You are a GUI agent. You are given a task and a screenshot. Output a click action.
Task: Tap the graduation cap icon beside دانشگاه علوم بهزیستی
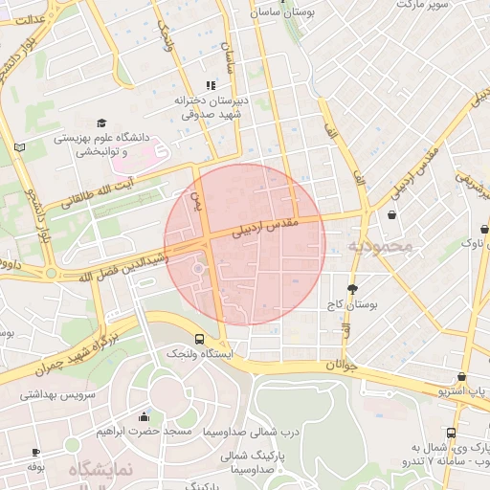click(101, 122)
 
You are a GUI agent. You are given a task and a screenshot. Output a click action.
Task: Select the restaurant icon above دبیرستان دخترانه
click(211, 86)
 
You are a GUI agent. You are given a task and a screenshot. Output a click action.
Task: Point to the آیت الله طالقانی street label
click(98, 191)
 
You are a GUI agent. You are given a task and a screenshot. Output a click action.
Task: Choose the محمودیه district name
click(379, 246)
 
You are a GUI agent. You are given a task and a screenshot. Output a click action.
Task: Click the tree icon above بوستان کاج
click(352, 288)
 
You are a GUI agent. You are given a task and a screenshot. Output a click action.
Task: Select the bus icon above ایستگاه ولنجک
click(199, 339)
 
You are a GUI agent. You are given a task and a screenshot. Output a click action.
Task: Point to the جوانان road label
click(341, 365)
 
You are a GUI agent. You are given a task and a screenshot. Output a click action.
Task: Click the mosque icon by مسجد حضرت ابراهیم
click(144, 416)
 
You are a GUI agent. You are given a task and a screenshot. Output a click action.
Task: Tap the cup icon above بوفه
click(36, 452)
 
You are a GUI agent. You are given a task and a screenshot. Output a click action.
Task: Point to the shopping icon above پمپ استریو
click(462, 377)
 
